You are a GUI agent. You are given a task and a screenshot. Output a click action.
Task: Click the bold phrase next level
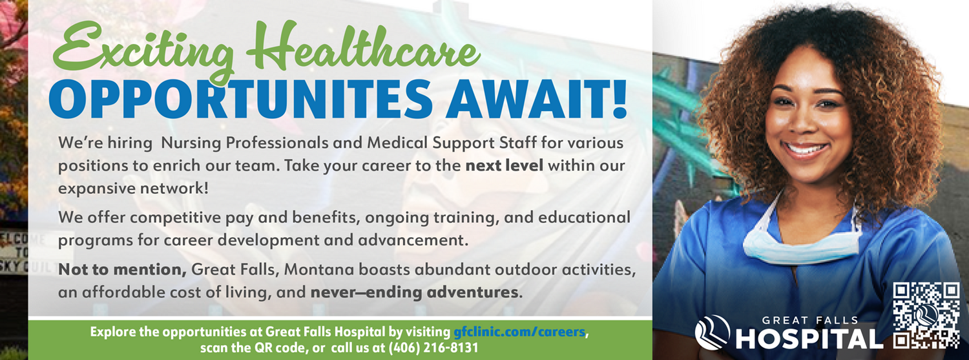505,165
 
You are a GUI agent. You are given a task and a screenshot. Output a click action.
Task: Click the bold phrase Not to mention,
123,270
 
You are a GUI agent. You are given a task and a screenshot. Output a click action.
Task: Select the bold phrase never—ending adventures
414,293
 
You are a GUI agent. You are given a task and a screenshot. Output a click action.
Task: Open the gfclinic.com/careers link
519,332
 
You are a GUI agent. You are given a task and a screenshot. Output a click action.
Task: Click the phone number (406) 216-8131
433,348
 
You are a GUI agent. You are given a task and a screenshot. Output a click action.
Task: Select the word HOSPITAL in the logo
809,339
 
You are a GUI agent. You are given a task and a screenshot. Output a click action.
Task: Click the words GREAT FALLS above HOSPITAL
810,321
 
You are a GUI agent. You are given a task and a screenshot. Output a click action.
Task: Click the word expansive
97,189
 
